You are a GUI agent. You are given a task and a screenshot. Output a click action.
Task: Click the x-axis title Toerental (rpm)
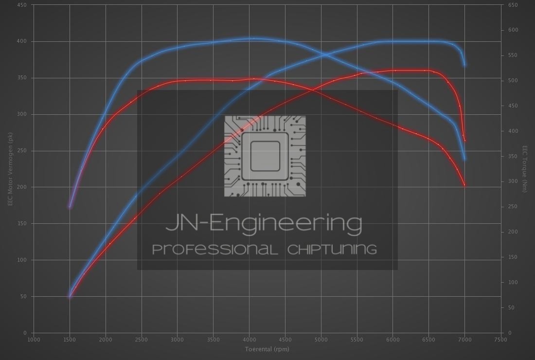pyautogui.click(x=267, y=349)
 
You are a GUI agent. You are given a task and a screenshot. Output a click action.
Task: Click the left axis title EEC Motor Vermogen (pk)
pyautogui.click(x=10, y=169)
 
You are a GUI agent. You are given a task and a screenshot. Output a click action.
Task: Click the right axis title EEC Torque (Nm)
pyautogui.click(x=525, y=169)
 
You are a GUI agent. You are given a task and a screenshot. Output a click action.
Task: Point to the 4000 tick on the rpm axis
pyautogui.click(x=249, y=340)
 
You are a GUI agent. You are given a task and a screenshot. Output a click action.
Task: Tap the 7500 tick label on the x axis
pyautogui.click(x=500, y=340)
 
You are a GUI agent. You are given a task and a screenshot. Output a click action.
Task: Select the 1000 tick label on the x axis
pyautogui.click(x=34, y=340)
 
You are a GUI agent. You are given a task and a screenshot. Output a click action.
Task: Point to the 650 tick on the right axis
pyautogui.click(x=513, y=5)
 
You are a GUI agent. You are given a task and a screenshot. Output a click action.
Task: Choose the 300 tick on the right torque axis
pyautogui.click(x=513, y=181)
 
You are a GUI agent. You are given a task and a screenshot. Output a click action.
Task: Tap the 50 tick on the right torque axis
pyautogui.click(x=511, y=307)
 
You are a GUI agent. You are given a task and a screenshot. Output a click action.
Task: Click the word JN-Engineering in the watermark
pyautogui.click(x=264, y=223)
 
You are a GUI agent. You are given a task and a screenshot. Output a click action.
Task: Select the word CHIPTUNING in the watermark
pyautogui.click(x=332, y=250)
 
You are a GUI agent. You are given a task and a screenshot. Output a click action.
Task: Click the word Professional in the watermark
pyautogui.click(x=215, y=250)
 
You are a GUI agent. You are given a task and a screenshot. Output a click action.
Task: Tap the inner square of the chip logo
pyautogui.click(x=265, y=156)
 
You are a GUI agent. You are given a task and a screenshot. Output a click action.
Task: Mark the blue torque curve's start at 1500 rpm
pyautogui.click(x=70, y=207)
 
